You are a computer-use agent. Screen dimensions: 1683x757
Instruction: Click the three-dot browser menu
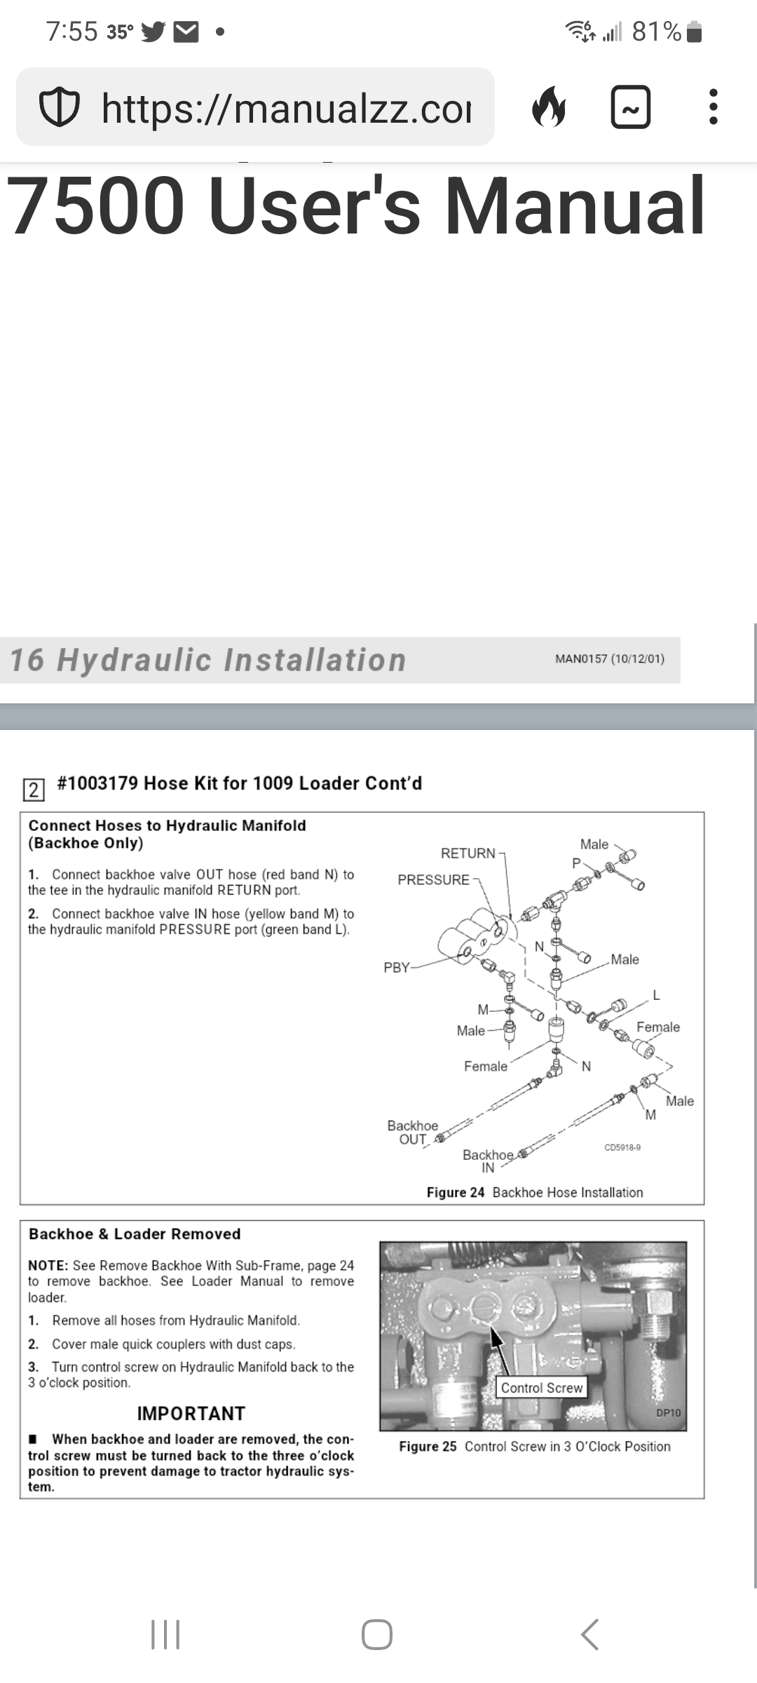713,107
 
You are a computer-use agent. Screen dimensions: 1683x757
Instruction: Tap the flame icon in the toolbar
549,107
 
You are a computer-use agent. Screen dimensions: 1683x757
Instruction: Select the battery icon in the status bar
695,32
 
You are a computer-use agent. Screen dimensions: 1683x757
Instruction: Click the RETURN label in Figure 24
468,853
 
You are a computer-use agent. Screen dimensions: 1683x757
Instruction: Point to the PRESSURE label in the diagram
433,880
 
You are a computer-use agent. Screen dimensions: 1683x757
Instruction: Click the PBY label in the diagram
396,968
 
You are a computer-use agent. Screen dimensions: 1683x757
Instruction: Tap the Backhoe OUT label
412,1133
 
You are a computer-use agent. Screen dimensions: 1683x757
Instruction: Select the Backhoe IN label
488,1161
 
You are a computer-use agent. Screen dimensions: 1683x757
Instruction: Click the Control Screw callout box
541,1388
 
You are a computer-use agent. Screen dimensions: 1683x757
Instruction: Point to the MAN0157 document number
609,659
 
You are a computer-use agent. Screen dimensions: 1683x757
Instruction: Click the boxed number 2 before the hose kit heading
33,790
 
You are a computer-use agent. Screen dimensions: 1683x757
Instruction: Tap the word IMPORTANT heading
191,1414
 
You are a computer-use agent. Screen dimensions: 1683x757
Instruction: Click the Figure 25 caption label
428,1447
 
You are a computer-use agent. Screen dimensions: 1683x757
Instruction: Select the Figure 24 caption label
456,1193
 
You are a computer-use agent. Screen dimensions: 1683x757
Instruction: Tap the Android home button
377,1635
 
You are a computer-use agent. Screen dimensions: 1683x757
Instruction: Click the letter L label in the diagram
656,995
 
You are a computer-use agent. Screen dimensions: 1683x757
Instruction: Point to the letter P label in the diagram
576,863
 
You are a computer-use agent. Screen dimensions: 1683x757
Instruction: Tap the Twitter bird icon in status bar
154,32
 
